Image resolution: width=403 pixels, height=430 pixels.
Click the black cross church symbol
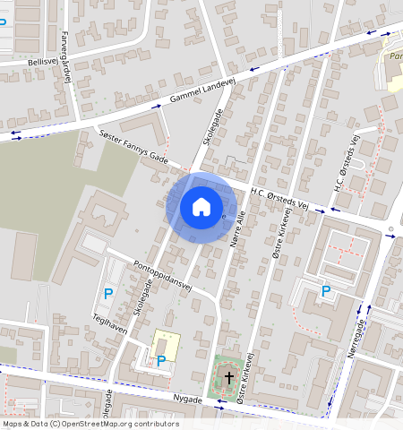click(x=228, y=378)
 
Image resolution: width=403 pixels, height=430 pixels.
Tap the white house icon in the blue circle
click(x=201, y=208)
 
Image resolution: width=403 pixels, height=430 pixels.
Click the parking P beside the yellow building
click(x=160, y=361)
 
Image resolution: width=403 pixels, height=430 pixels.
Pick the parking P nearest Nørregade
click(x=326, y=291)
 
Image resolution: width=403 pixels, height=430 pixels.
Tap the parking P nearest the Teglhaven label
click(x=108, y=294)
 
